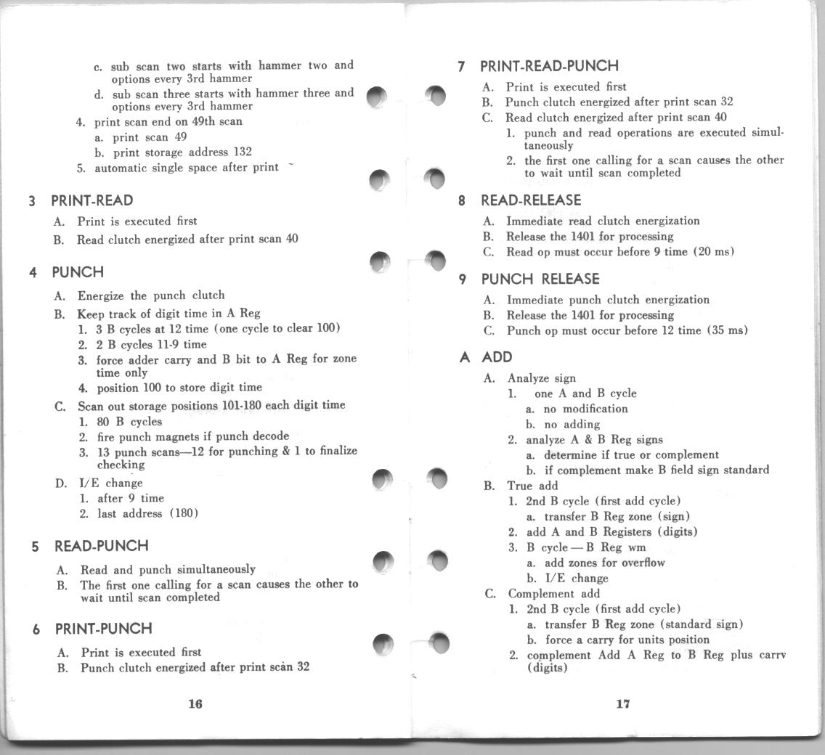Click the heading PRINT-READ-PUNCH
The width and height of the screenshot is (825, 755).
coord(549,67)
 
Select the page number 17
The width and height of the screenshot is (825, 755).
coord(622,703)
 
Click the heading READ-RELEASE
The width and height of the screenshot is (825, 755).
coord(530,200)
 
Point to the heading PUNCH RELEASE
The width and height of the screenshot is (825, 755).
coord(540,279)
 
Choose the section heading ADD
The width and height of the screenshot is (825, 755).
coord(496,357)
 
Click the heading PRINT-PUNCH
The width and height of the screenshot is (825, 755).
coord(103,629)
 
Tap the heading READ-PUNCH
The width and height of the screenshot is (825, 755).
coord(101,546)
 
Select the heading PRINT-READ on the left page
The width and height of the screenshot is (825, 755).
coord(92,200)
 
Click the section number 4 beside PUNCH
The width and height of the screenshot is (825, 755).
coord(33,273)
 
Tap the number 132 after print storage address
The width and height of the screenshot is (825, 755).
coord(243,152)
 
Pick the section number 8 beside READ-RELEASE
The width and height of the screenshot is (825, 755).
coord(462,201)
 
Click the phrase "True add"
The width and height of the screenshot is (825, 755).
coord(532,486)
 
